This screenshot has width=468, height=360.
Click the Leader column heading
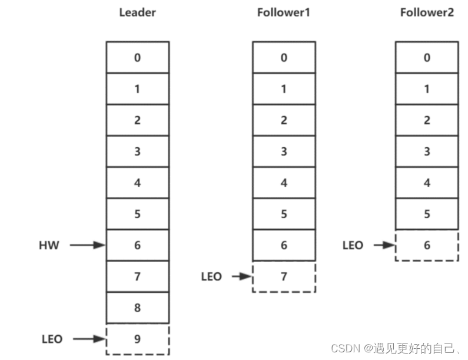(x=137, y=12)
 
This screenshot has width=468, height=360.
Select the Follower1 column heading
(x=284, y=12)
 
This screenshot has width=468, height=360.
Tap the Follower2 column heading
(x=427, y=12)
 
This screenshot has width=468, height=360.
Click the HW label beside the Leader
(x=49, y=245)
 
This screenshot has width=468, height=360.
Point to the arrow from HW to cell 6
(x=87, y=245)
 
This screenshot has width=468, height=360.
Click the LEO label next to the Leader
(x=52, y=339)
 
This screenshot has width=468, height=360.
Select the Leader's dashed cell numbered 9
(x=137, y=339)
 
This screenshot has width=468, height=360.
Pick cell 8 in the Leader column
(x=137, y=308)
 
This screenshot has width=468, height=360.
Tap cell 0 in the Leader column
(x=137, y=57)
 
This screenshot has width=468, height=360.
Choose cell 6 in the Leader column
(x=137, y=245)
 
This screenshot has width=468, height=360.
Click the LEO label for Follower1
(x=211, y=276)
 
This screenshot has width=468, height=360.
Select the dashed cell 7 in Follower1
(x=284, y=276)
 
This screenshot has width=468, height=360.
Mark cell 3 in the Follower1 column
(x=284, y=151)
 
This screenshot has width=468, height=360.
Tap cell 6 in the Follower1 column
(x=284, y=245)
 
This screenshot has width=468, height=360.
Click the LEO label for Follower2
(x=353, y=245)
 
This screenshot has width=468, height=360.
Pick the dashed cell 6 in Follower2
(x=427, y=245)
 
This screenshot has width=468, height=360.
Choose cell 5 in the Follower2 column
(x=427, y=214)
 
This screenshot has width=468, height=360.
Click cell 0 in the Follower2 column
(x=427, y=57)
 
